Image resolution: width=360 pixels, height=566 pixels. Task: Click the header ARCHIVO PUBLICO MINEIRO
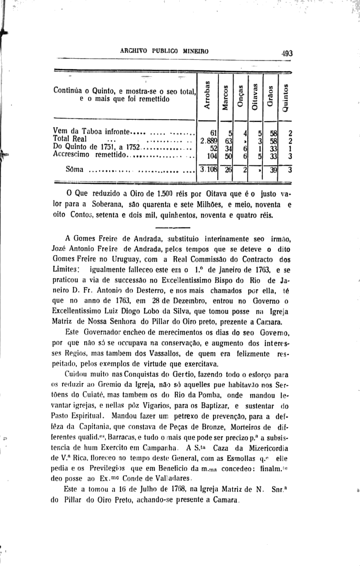164,51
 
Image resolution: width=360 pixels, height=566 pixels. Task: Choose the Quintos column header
286,98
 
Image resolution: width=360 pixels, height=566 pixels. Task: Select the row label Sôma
74,169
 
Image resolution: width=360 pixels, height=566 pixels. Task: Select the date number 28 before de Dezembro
156,300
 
